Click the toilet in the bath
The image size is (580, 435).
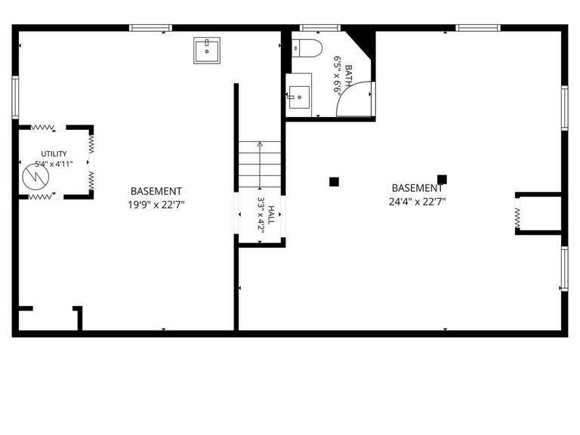pyautogui.click(x=307, y=48)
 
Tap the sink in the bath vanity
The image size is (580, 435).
pyautogui.click(x=299, y=97)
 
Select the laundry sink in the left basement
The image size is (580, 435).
pyautogui.click(x=207, y=51)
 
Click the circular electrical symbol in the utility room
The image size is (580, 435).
pyautogui.click(x=35, y=177)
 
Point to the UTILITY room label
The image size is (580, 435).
pyautogui.click(x=54, y=153)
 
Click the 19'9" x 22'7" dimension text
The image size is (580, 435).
pyautogui.click(x=156, y=205)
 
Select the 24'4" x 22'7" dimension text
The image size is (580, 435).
pyautogui.click(x=417, y=202)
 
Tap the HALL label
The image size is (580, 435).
pyautogui.click(x=271, y=215)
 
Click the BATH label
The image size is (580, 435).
pyautogui.click(x=348, y=76)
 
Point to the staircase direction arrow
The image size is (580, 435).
pyautogui.click(x=260, y=165)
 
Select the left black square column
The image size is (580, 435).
pyautogui.click(x=334, y=181)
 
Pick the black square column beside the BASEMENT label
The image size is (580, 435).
pyautogui.click(x=442, y=180)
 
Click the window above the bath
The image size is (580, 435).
pyautogui.click(x=320, y=28)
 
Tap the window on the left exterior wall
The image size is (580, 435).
pyautogui.click(x=15, y=97)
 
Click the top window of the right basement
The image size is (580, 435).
pyautogui.click(x=478, y=28)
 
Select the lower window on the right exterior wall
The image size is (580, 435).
pyautogui.click(x=564, y=269)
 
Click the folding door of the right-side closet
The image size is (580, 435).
pyautogui.click(x=517, y=219)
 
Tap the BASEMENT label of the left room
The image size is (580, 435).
pyautogui.click(x=156, y=191)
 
